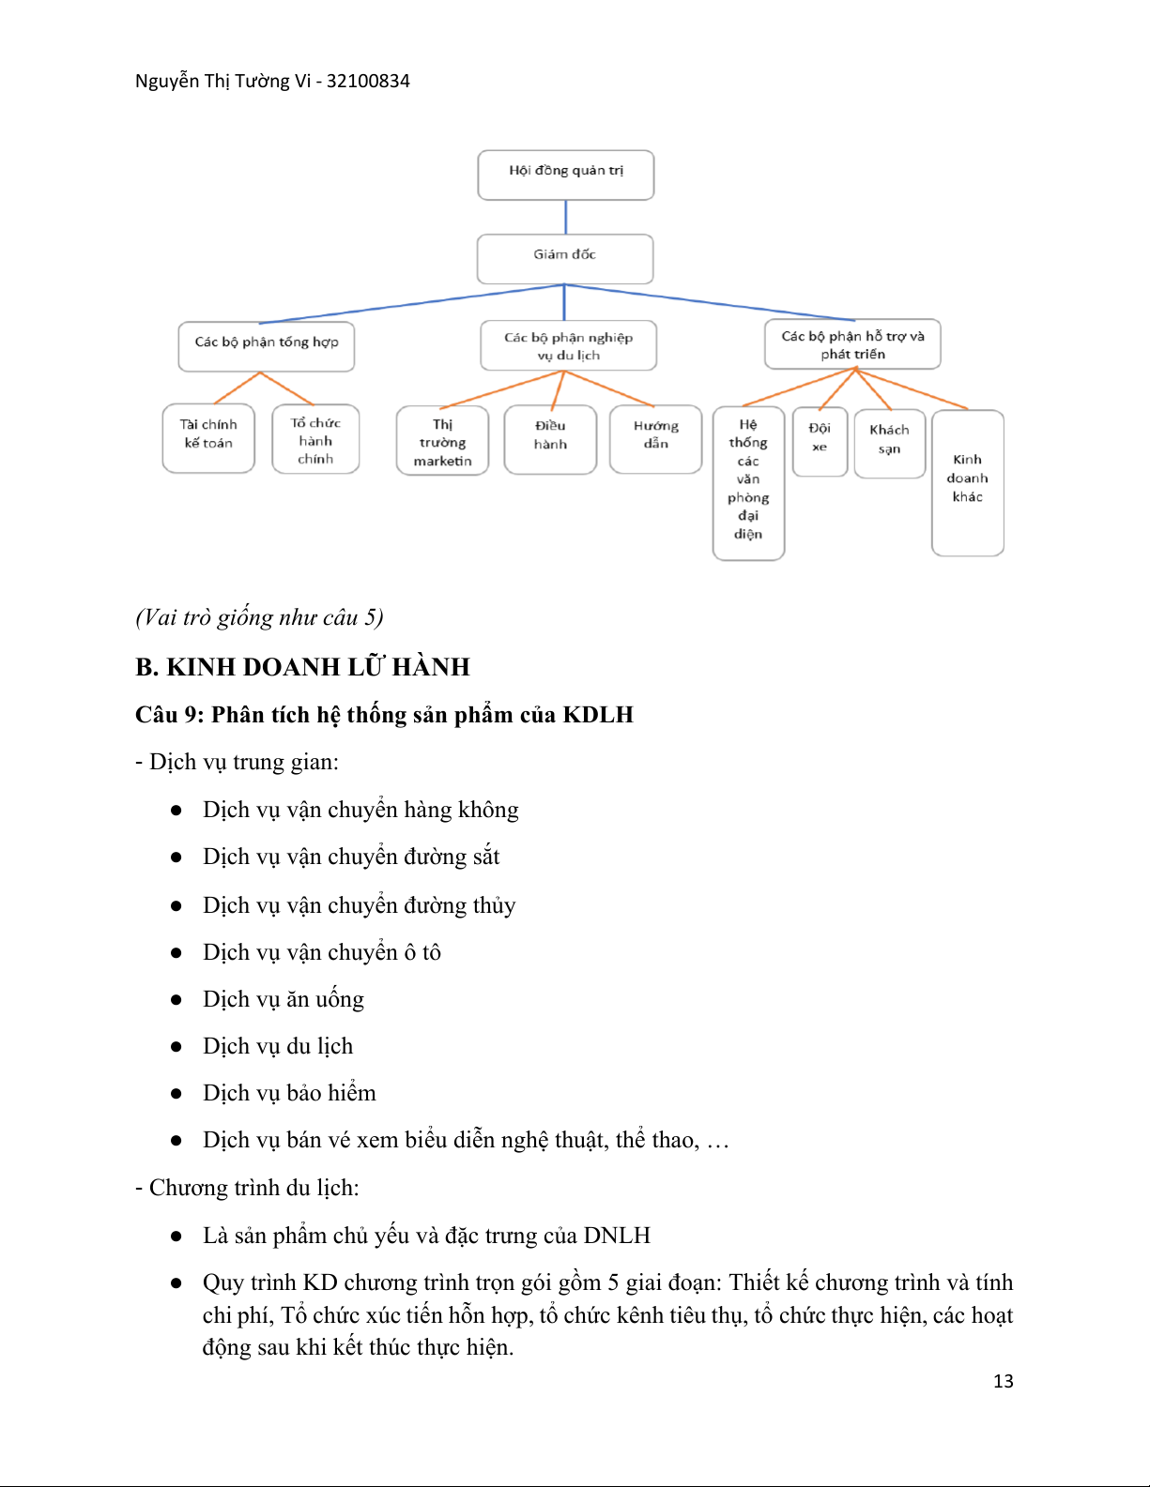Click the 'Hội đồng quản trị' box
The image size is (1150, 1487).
[x=565, y=175]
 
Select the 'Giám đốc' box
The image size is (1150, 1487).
[x=565, y=259]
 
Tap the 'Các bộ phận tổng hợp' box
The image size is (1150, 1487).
[x=267, y=346]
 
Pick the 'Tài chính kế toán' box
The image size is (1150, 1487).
[x=208, y=438]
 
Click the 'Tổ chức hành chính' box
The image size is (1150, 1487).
[x=315, y=439]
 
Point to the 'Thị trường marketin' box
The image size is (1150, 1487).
[x=442, y=440]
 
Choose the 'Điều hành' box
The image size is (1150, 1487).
[x=550, y=439]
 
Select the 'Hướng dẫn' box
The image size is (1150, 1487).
[x=656, y=439]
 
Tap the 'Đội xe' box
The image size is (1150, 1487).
[x=820, y=441]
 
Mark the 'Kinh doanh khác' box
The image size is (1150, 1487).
[x=968, y=482]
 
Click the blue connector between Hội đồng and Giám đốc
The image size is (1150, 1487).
[x=565, y=217]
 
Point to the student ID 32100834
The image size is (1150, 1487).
[x=368, y=81]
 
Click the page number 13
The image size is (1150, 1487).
[x=1003, y=1381]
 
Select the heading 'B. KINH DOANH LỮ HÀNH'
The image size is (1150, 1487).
[x=302, y=666]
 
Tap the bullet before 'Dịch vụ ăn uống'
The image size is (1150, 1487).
[x=176, y=1000]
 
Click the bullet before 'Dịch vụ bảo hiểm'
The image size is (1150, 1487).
[x=176, y=1094]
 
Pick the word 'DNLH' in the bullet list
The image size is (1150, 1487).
[x=617, y=1236]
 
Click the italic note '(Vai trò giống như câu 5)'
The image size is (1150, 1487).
[x=259, y=617]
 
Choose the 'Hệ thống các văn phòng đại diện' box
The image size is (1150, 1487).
[x=748, y=483]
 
